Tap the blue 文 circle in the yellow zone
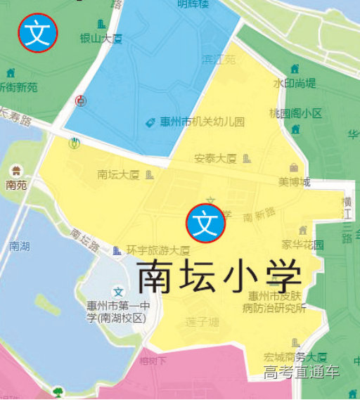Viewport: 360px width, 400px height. tap(205, 223)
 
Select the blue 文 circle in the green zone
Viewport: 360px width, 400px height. tap(38, 33)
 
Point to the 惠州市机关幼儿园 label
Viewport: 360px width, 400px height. tap(202, 122)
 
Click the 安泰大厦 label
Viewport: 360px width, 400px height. tap(215, 158)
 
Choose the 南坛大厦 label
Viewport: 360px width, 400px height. tap(118, 174)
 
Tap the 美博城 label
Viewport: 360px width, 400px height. tap(294, 182)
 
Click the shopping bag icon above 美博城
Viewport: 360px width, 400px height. tap(293, 167)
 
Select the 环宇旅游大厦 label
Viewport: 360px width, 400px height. tap(158, 250)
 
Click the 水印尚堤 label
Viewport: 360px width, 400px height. tap(295, 83)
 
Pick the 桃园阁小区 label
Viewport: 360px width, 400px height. tap(295, 113)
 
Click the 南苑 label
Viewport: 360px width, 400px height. tap(15, 186)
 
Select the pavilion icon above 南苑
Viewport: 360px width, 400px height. tap(15, 170)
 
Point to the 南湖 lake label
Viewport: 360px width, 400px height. tap(20, 246)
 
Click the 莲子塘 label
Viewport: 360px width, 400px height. tap(202, 322)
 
